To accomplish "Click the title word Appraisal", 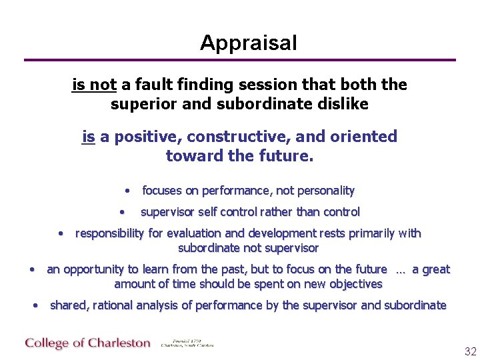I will pyautogui.click(x=248, y=43).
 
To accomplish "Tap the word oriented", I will pyautogui.click(x=362, y=137).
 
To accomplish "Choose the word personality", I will pyautogui.click(x=325, y=191).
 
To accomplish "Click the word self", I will pyautogui.click(x=209, y=213).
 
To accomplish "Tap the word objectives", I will pyautogui.click(x=351, y=284).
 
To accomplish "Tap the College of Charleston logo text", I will pyautogui.click(x=88, y=343).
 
